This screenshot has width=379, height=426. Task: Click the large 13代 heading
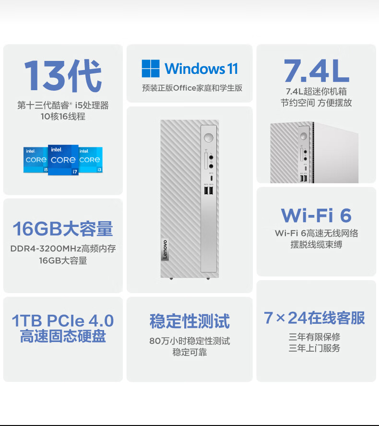(63, 75)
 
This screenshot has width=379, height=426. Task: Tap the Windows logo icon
(151, 69)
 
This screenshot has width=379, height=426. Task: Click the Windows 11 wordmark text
(201, 69)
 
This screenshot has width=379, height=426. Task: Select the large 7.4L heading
(317, 71)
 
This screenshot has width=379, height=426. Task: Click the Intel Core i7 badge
(63, 160)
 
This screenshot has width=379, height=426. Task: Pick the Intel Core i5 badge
(36, 160)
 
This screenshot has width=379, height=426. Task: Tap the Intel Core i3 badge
(91, 160)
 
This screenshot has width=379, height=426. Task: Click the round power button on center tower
(208, 138)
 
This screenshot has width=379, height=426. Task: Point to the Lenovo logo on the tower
(165, 249)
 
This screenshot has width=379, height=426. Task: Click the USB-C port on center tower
(212, 178)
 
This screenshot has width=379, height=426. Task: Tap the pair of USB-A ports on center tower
(209, 191)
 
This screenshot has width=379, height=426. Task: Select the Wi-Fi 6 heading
(316, 215)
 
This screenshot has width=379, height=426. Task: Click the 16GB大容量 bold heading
(63, 229)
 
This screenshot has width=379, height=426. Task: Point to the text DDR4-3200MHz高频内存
(63, 248)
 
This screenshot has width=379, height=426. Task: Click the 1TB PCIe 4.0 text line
(63, 320)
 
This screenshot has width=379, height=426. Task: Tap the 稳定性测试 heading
(189, 321)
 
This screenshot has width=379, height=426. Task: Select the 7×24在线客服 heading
(314, 318)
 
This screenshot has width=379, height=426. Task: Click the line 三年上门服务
(314, 348)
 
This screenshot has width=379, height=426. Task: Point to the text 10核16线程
(63, 117)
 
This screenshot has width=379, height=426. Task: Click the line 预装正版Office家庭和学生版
(192, 88)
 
